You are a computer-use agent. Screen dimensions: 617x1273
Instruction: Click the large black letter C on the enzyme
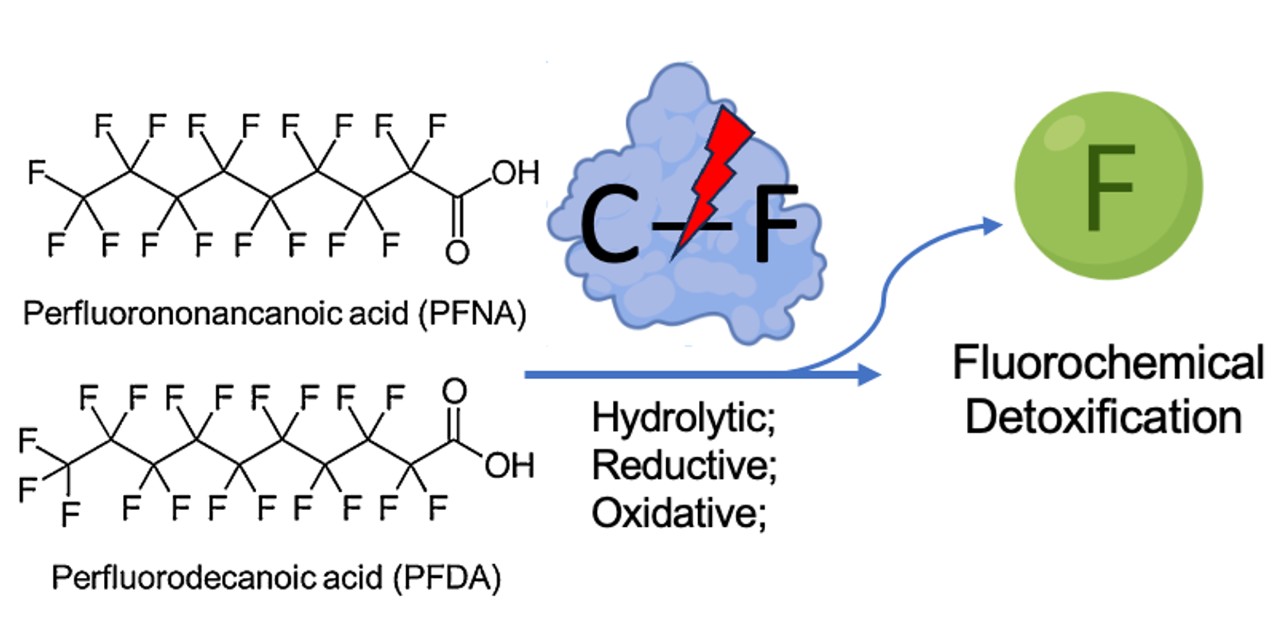(x=609, y=224)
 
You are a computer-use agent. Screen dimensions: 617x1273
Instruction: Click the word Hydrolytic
(x=682, y=418)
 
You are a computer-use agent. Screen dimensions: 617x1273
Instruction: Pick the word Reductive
(x=683, y=465)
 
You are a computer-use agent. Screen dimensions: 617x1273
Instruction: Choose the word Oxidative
(x=678, y=513)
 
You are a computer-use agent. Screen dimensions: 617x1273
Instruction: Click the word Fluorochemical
(x=1107, y=362)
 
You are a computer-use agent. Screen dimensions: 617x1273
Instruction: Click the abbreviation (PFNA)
(x=472, y=313)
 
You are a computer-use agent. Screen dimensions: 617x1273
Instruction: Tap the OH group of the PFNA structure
(x=515, y=173)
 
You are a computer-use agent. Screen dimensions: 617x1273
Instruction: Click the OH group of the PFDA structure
(x=509, y=466)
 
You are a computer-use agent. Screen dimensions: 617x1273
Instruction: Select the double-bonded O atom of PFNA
(x=457, y=253)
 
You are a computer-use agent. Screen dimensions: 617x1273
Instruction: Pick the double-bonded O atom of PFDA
(x=454, y=392)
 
